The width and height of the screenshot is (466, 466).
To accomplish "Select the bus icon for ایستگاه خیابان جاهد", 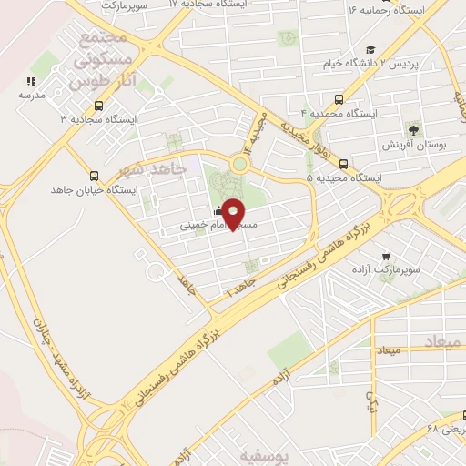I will click(x=94, y=177).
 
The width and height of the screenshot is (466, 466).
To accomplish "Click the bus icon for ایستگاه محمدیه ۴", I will click(x=339, y=99).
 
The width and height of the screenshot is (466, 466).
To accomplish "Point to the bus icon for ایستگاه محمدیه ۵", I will click(x=343, y=165).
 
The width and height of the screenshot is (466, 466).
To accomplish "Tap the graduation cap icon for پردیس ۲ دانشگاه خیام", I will click(x=370, y=50).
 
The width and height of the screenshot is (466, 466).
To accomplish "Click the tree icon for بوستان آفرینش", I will click(x=414, y=131).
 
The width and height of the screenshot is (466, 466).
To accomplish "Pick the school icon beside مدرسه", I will click(x=29, y=81).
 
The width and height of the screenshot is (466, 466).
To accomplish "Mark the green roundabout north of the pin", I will click(x=239, y=165).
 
